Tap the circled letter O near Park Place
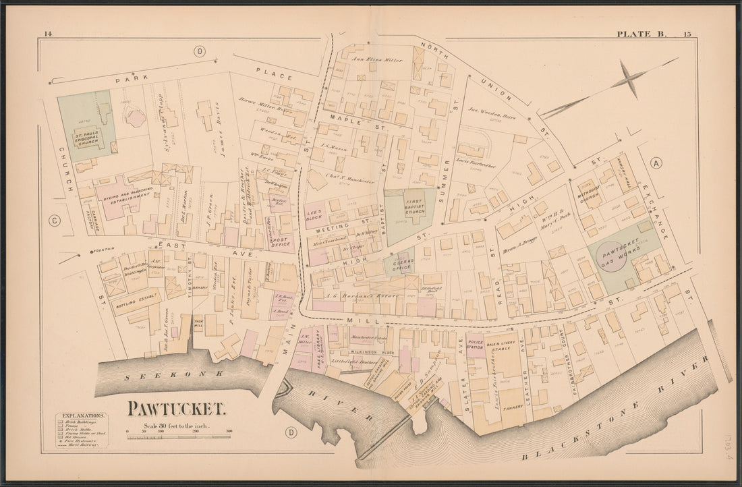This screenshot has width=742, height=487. [199, 51]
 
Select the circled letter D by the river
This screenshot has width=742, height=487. [291, 432]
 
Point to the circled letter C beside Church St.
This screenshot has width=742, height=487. [54, 219]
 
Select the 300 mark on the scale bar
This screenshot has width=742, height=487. [229, 430]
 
